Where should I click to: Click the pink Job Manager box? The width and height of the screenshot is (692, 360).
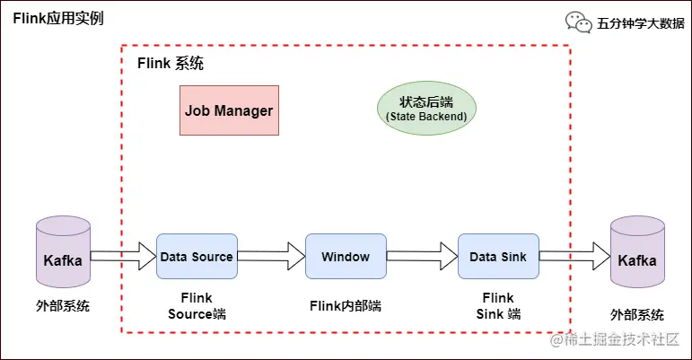click(x=229, y=110)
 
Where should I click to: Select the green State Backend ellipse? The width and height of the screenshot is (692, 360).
click(x=425, y=110)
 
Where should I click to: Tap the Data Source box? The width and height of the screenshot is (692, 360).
click(x=197, y=257)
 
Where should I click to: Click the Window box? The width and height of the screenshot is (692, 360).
click(x=346, y=257)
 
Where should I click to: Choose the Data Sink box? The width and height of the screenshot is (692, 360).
click(x=498, y=257)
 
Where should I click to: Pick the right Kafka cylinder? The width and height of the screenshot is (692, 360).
click(x=636, y=259)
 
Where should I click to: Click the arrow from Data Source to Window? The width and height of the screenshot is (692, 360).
click(x=270, y=257)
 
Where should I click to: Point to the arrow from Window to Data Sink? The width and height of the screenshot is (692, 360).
click(x=421, y=257)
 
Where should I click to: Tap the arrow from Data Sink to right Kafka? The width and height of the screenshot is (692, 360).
click(x=573, y=257)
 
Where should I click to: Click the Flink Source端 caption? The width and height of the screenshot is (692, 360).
click(x=197, y=306)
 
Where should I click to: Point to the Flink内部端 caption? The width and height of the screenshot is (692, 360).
click(x=345, y=305)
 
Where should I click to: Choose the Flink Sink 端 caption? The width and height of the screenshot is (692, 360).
click(x=498, y=306)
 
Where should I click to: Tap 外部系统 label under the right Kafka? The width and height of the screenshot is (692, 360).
click(x=637, y=314)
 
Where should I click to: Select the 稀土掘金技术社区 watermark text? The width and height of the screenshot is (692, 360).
click(x=625, y=341)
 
